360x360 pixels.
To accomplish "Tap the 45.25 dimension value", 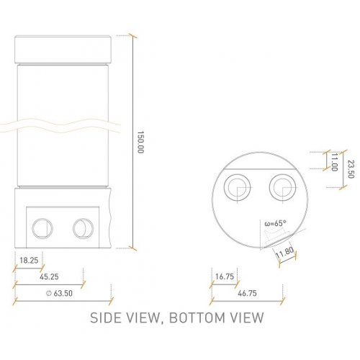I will [x=50, y=276].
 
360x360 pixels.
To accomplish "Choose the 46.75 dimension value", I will [x=247, y=294].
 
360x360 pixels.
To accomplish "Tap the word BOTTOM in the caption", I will [x=196, y=318].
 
